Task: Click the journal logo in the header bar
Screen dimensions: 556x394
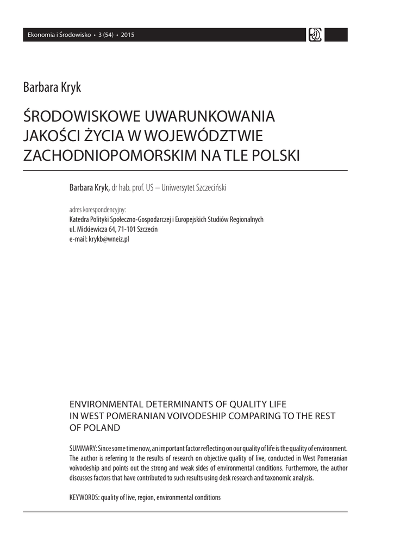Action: pyautogui.click(x=315, y=35)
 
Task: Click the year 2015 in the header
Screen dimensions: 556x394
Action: pyautogui.click(x=128, y=35)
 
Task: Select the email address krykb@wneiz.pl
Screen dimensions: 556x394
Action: pyautogui.click(x=109, y=239)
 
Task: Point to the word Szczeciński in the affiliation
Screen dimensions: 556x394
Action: pyautogui.click(x=209, y=188)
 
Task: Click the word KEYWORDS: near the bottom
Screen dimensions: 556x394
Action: pyautogui.click(x=84, y=497)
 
